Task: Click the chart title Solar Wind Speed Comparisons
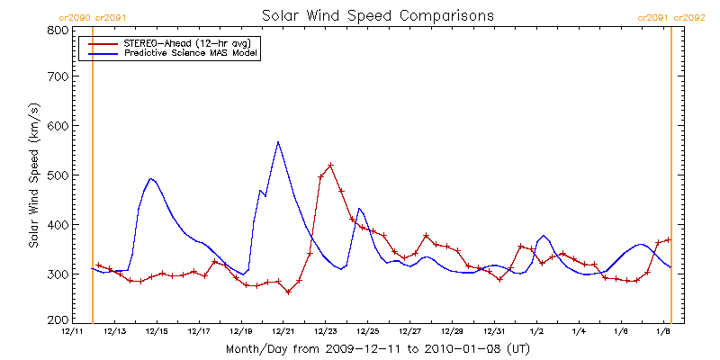(x=377, y=16)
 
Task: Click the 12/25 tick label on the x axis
(x=368, y=332)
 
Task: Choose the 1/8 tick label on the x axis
(x=663, y=332)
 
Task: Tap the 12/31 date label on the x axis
(x=495, y=332)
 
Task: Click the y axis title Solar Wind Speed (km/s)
(x=34, y=175)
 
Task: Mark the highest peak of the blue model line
(x=278, y=141)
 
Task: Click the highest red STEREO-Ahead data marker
(x=331, y=166)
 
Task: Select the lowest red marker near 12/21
(x=289, y=292)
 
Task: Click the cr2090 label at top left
(x=74, y=17)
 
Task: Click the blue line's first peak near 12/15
(x=151, y=178)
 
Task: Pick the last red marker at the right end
(x=669, y=239)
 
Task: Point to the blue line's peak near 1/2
(x=544, y=236)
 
